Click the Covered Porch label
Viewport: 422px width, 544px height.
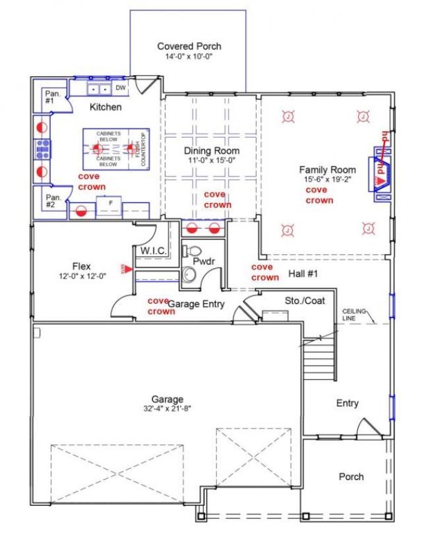click(189, 46)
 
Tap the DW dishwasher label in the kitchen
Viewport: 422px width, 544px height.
click(120, 88)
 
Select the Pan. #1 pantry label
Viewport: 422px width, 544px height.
click(53, 98)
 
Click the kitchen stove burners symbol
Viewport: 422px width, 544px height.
click(44, 150)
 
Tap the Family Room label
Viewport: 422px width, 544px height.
click(328, 169)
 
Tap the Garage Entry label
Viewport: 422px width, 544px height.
click(196, 304)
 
